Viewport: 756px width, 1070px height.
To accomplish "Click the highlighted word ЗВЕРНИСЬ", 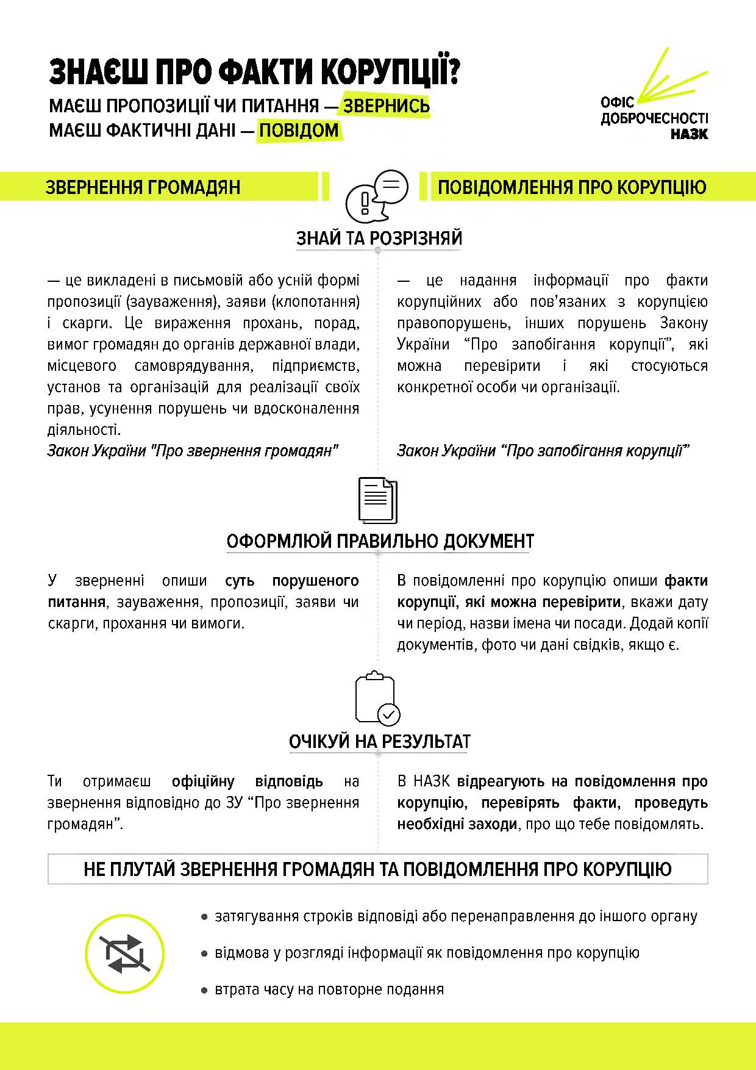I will [x=386, y=106].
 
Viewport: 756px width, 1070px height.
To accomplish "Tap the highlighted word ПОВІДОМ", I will [x=299, y=130].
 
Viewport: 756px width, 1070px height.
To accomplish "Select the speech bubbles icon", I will [x=377, y=196].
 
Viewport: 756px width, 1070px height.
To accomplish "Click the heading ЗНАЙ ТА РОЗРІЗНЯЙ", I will [x=379, y=238].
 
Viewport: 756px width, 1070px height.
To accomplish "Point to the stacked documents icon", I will [x=378, y=500].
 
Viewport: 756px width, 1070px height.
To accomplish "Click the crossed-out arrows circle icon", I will [x=124, y=953].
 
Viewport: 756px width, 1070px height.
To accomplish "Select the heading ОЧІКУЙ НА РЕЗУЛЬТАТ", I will [x=379, y=741].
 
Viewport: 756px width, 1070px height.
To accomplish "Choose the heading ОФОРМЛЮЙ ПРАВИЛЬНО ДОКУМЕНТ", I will [x=380, y=541].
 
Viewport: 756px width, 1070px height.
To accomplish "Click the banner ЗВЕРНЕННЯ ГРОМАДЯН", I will [x=143, y=187].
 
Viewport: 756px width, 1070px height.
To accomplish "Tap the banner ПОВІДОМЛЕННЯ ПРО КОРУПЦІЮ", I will [x=572, y=187].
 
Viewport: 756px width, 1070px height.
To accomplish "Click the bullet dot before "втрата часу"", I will [x=205, y=989].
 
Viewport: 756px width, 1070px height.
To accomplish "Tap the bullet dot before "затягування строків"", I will [x=205, y=916].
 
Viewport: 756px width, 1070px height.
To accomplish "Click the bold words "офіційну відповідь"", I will [x=247, y=781].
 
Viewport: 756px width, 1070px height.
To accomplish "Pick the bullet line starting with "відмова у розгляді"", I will [x=427, y=953].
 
